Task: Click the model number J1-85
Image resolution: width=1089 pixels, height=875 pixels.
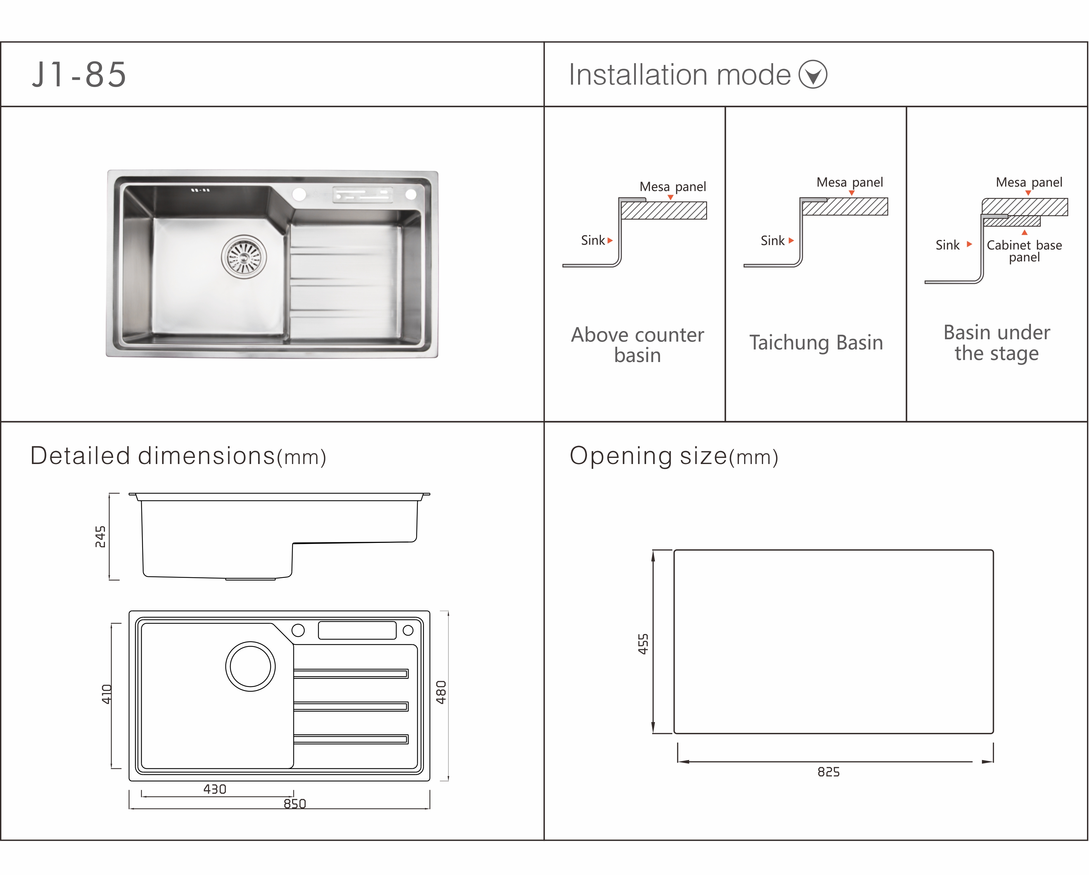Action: coord(79,75)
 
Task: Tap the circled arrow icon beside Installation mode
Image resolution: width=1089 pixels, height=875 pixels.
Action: coord(813,74)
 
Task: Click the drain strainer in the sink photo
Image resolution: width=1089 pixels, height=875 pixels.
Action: coord(244,257)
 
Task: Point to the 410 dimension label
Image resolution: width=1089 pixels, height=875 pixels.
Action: coord(107,694)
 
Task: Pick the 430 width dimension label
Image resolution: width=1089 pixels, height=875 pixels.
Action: coord(215,789)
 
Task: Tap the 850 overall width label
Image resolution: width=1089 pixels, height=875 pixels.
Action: coord(295,804)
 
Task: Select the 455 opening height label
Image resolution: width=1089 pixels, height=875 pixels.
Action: coord(643,644)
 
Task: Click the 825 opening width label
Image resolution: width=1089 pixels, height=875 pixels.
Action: coord(828,772)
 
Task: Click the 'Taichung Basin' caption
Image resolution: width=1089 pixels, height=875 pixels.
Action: coord(816,343)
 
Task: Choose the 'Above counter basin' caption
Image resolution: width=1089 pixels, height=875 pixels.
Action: coord(638,345)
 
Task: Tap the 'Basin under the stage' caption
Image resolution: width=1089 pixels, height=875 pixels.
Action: coord(997,343)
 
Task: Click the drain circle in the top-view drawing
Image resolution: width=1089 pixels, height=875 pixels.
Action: coord(251,666)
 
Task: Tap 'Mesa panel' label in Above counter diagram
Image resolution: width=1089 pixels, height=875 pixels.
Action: coord(673,187)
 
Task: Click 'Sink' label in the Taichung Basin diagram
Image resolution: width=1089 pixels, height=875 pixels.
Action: coord(773,241)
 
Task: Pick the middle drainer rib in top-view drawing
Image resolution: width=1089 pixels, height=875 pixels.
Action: coord(351,706)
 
